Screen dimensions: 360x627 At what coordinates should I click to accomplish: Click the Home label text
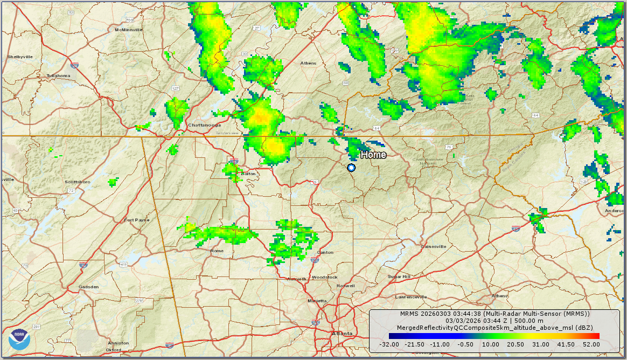click(373, 155)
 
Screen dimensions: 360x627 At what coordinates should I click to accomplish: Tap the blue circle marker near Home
click(351, 168)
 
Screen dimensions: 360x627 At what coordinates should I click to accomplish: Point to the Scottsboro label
click(77, 182)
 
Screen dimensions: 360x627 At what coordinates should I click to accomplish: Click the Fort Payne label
click(137, 220)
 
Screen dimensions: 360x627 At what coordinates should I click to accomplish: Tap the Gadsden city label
click(89, 287)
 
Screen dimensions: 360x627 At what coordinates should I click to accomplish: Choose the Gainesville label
click(434, 246)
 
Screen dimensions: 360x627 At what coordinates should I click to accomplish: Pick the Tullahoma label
click(58, 75)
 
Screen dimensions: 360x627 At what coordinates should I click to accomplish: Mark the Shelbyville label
click(20, 57)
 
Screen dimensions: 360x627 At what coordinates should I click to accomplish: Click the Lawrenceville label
click(411, 297)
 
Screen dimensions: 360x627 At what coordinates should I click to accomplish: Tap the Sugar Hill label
click(399, 276)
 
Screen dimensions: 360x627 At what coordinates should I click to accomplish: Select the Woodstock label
click(324, 277)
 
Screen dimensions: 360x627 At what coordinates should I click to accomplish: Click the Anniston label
click(118, 343)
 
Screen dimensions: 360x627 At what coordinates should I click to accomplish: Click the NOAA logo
click(19, 338)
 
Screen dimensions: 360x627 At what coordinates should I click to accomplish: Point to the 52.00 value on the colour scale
click(591, 344)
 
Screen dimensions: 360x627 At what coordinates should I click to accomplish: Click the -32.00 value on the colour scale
click(388, 344)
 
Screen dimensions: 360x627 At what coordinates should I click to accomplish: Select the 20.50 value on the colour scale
click(515, 344)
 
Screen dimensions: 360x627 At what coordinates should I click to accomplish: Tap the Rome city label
click(217, 251)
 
